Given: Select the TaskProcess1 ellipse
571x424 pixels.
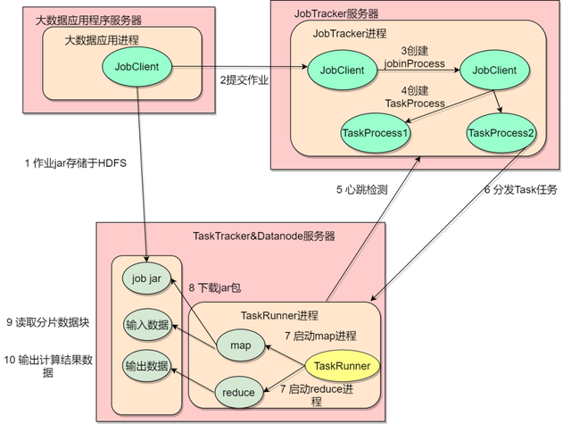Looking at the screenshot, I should tap(375, 133).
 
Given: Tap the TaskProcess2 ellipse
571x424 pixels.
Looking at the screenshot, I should tap(501, 133).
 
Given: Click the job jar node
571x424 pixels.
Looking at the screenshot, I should tap(145, 279).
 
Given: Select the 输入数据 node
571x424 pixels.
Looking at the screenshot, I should tap(145, 324).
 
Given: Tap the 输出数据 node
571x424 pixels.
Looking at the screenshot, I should tap(145, 367).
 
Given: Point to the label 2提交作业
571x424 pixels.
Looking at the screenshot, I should tap(244, 80).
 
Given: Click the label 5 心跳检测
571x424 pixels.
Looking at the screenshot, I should tap(361, 189).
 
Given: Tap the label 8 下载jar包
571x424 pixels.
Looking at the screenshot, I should tap(213, 288).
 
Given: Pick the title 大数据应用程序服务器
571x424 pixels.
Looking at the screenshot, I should tap(87, 20).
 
